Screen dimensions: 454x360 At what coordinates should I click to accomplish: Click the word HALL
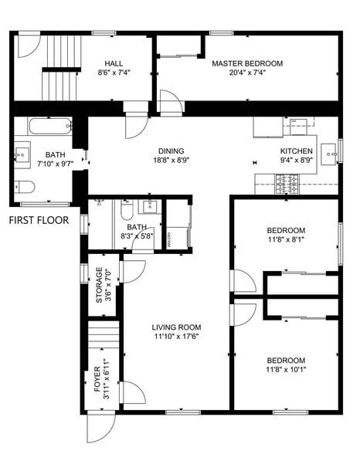pos(114,63)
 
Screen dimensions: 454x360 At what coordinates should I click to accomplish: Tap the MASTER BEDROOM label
pos(247,63)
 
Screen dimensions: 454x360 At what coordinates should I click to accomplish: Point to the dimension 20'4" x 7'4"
pos(247,73)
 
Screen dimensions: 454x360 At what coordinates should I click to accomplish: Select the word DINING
pos(171,151)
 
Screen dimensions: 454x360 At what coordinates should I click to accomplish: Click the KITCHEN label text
pos(297,151)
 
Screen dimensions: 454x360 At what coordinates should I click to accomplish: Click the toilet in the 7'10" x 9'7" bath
pos(23,187)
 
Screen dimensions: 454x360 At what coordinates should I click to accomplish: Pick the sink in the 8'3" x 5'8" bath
pos(151,206)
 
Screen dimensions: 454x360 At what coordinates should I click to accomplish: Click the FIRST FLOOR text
pos(39,220)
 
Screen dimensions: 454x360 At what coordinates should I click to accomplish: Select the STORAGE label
pos(99,286)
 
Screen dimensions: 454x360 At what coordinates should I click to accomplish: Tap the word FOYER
pos(97,378)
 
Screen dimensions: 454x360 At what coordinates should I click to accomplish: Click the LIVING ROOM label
pos(176,327)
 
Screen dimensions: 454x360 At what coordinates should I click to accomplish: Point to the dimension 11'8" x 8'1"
pos(286,240)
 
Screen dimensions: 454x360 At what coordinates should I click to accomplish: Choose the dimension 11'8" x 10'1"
pos(286,371)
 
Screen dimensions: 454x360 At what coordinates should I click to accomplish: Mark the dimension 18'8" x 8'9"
pos(171,161)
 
